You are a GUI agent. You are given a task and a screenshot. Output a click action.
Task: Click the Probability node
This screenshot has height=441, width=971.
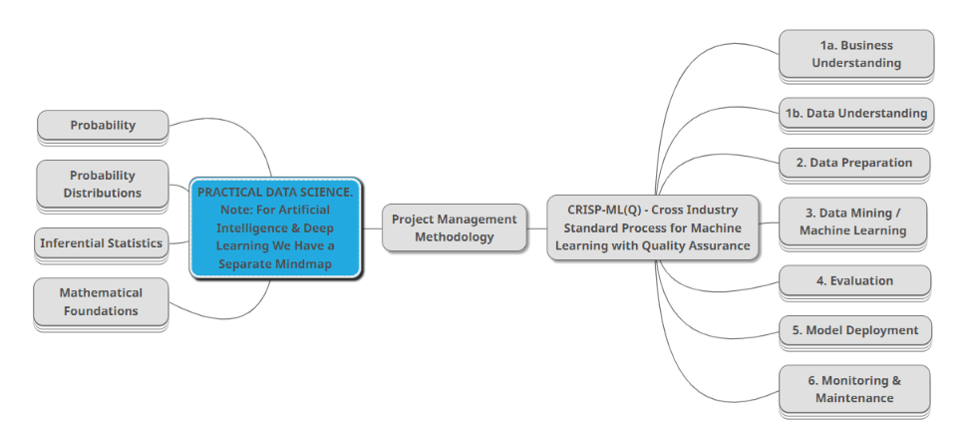coord(103,126)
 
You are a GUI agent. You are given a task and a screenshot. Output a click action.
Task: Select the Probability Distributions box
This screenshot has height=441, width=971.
coord(103,184)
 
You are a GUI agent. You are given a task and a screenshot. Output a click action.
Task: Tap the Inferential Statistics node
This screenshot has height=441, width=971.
coord(101,243)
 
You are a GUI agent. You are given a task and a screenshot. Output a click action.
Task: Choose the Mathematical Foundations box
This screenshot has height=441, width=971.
coord(101,301)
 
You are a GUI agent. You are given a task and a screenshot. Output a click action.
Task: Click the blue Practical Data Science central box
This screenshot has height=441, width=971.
coord(274,227)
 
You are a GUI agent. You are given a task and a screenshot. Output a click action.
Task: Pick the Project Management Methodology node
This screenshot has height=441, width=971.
coord(454,227)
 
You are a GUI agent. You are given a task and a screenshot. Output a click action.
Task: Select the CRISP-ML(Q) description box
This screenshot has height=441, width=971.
coord(652,227)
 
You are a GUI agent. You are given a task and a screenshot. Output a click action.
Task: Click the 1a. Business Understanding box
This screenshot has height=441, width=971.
coord(855,54)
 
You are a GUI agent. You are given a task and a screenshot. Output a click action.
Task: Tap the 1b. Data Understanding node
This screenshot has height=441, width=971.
coord(855,114)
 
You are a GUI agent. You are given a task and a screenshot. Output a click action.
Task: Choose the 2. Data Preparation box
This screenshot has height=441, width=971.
coord(855,162)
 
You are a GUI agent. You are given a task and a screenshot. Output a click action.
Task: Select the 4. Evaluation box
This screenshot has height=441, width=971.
coord(854,280)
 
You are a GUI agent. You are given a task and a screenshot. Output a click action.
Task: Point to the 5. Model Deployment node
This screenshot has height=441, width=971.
coord(854,330)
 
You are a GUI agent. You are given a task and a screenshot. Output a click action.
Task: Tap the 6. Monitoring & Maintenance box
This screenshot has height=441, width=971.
coord(854,389)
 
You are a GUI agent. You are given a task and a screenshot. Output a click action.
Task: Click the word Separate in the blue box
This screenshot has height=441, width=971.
coord(245,264)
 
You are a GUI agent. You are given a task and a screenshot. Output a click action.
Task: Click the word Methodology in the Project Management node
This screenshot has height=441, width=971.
coord(454,237)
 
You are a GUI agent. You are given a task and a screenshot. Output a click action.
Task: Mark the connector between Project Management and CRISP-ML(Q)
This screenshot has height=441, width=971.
coord(536,227)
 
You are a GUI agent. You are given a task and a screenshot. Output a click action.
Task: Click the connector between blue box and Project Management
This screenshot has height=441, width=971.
coord(372,227)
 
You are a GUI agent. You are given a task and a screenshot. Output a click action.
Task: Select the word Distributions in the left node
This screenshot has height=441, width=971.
coord(103,193)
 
